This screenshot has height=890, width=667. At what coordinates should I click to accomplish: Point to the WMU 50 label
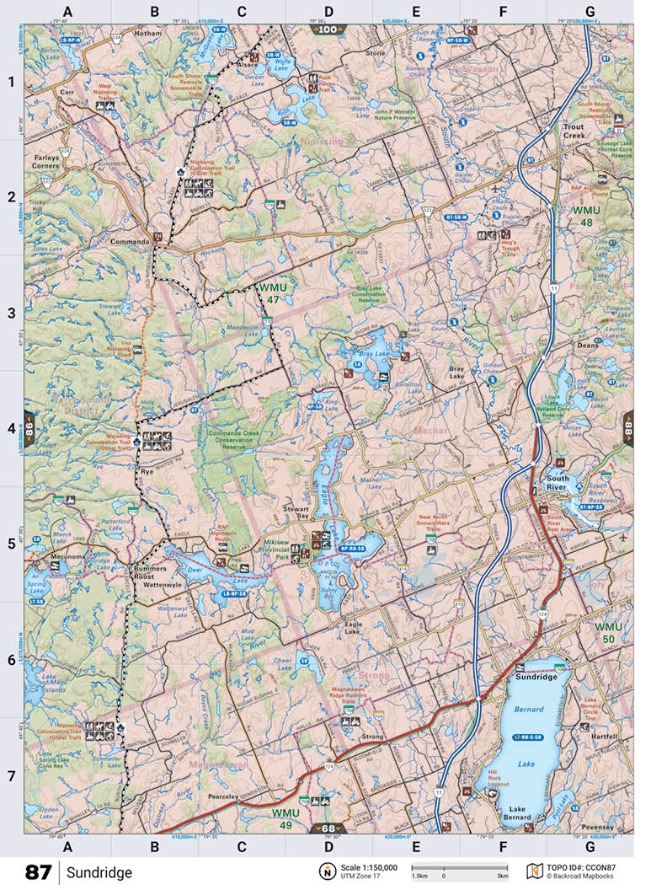point(609,633)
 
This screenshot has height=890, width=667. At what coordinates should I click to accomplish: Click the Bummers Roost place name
point(152,572)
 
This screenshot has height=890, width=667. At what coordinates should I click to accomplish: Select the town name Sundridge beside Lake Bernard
point(536,676)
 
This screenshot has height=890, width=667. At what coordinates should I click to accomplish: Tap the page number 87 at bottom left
point(38,871)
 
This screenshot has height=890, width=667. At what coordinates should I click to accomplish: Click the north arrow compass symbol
point(326,871)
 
